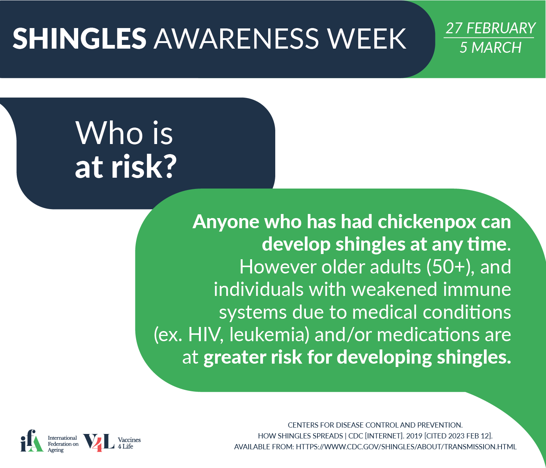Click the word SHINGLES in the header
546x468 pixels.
click(x=79, y=38)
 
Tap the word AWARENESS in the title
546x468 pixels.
click(x=236, y=38)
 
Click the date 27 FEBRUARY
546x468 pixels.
click(x=491, y=28)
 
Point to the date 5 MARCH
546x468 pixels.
click(x=491, y=48)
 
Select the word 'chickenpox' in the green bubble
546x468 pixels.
click(x=427, y=222)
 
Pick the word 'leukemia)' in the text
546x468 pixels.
click(x=269, y=335)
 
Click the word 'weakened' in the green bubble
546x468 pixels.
click(x=394, y=290)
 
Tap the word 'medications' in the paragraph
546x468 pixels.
click(x=428, y=335)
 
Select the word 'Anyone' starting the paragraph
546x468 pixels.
click(x=226, y=222)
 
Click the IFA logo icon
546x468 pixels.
click(x=32, y=441)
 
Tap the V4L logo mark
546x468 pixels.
click(x=99, y=443)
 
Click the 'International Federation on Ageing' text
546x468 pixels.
click(x=63, y=444)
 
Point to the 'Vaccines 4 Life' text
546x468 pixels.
click(x=129, y=443)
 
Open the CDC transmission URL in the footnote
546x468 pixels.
click(x=406, y=447)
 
